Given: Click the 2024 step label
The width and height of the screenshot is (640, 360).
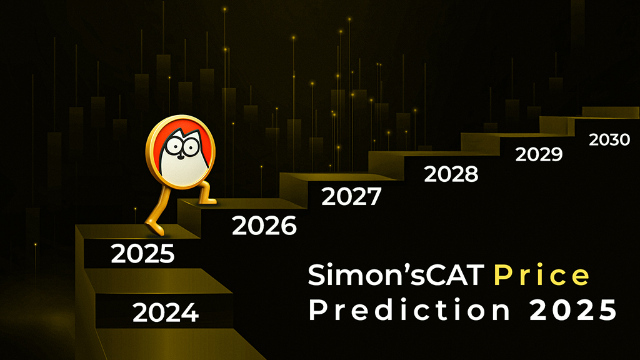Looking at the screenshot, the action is click(166, 312).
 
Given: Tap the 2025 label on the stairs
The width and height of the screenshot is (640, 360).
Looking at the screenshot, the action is click(142, 254).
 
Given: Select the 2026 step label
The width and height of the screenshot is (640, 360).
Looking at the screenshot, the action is click(264, 226).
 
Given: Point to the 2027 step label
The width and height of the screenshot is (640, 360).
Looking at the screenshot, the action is click(351, 196).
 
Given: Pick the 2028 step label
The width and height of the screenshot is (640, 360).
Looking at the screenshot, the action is click(451, 174).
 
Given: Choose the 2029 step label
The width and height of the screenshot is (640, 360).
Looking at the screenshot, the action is click(539, 154).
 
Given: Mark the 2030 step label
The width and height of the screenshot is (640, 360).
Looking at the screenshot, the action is click(609, 140).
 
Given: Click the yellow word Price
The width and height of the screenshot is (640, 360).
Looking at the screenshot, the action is click(542, 275).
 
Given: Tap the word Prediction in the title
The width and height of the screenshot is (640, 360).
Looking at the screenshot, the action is click(409, 309).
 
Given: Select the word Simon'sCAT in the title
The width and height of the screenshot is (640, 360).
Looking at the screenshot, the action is click(396, 275).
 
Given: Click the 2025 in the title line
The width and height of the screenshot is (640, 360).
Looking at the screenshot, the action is click(573, 310).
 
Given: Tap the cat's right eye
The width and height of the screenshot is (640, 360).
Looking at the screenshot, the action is click(191, 146).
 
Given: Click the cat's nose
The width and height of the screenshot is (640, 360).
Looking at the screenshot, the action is click(182, 154).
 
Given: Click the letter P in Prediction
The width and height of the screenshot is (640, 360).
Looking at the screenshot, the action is click(316, 310).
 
